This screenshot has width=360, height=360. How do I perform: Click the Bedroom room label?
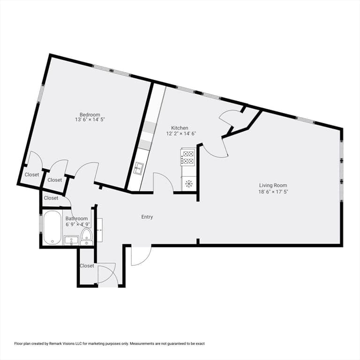90,114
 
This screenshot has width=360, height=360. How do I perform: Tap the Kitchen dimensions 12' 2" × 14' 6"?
181,134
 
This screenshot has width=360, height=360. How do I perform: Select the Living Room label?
273,185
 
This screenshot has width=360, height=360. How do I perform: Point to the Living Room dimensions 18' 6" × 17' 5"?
273,192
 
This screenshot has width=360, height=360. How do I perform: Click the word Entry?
147,217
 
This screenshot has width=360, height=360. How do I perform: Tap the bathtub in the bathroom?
52,227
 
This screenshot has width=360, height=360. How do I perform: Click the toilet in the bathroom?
87,237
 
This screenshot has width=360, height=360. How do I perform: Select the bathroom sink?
71,240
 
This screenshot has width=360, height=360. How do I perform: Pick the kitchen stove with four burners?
188,157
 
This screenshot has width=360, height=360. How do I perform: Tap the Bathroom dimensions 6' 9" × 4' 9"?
78,225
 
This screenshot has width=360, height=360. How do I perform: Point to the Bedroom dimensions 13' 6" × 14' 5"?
90,120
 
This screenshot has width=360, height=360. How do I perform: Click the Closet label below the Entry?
87,266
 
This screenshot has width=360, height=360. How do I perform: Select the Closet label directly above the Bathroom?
51,198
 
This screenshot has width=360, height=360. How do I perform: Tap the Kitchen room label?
180,128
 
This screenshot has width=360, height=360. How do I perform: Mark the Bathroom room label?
76,218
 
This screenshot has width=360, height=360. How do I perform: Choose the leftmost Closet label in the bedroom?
32,175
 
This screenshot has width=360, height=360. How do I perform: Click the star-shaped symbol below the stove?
189,184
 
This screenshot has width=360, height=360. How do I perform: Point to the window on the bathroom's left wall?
41,225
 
